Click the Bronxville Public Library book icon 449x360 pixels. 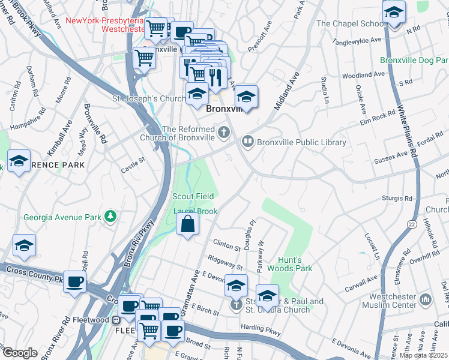point(247,142)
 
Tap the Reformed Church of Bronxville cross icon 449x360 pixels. point(224,132)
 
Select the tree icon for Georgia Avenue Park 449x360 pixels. point(110,215)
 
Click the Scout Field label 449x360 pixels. point(193,196)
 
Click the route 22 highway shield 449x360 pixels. point(411,223)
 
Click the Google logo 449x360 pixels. point(20,353)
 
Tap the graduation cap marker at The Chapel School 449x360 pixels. point(394,13)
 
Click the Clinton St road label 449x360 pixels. point(227,243)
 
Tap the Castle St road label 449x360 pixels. point(134,161)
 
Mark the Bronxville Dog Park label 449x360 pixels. point(414,61)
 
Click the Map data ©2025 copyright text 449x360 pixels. point(424,355)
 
